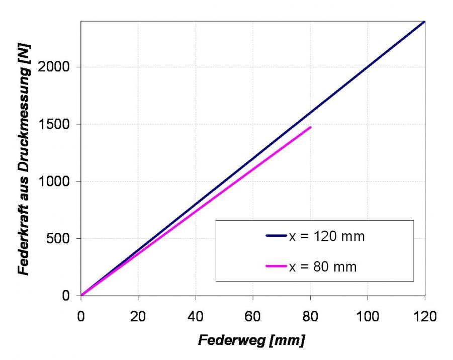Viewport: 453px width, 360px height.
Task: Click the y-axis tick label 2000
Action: [59, 67]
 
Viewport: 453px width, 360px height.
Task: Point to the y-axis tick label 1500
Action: [59, 124]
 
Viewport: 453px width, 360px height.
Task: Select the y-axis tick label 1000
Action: [59, 182]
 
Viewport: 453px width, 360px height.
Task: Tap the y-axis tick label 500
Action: [62, 239]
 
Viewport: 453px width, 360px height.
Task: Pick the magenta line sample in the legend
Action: [276, 266]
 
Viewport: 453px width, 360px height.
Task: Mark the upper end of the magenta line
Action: [311, 127]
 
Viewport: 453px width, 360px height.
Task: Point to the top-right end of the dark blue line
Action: [424, 22]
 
